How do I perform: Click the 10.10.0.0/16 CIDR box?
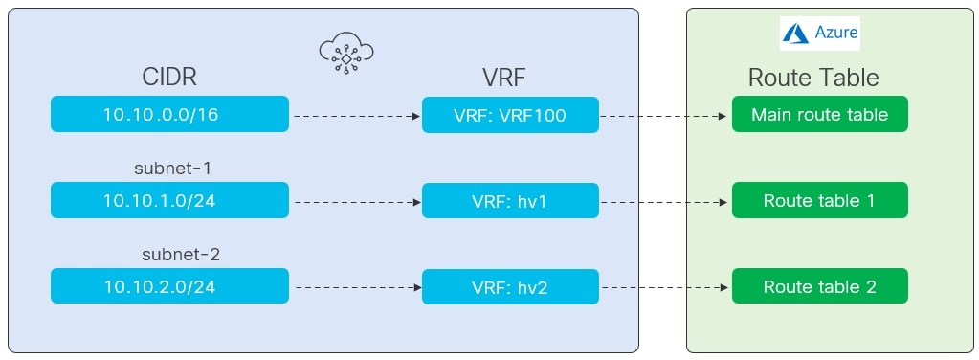point(169,115)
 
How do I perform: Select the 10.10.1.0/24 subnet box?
point(169,201)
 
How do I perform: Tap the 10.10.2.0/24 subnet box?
point(169,286)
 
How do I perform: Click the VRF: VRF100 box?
point(510,115)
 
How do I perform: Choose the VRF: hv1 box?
point(510,201)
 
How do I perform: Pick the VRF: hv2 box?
point(510,286)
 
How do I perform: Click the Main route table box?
point(819,115)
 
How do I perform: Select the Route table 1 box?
point(819,201)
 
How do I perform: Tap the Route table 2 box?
point(819,286)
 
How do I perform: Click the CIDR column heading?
point(169,78)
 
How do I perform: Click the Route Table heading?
point(812,78)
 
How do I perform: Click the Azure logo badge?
point(819,34)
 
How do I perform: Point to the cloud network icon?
point(345,54)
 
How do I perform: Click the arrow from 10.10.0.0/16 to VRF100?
point(356,116)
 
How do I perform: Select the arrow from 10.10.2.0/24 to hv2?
point(356,287)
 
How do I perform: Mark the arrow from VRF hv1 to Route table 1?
point(664,202)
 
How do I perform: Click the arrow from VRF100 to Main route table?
point(664,116)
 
